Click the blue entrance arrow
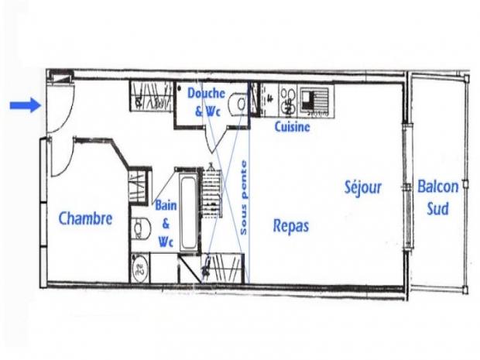coord(25,105)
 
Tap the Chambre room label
coord(85,219)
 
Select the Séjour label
coord(363,187)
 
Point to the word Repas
coord(291,226)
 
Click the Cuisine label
coord(293,128)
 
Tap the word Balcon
coord(438,187)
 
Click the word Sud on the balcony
coord(438,208)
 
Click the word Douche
coord(207,94)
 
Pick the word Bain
coord(166,207)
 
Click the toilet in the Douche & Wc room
coord(241,105)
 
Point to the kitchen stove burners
coord(287,101)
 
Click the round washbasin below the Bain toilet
coord(140,268)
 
